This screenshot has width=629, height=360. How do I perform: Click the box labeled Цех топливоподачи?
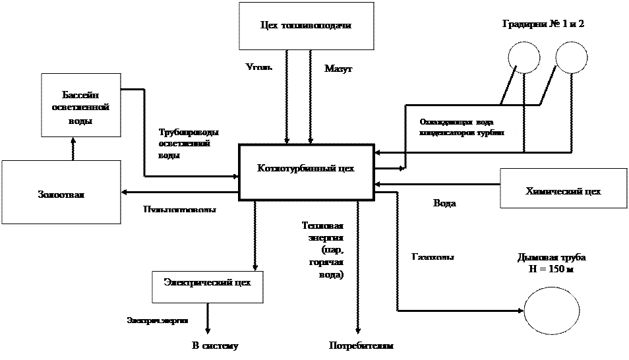(x=306, y=26)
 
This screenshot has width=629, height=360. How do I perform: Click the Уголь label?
(x=247, y=66)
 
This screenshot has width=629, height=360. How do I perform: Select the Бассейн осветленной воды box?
(x=80, y=105)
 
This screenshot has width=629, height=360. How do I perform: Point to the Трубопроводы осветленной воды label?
(x=191, y=141)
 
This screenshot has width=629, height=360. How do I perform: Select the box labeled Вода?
(x=444, y=204)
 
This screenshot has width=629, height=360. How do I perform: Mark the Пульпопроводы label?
(x=180, y=208)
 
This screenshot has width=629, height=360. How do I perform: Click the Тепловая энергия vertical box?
(x=322, y=266)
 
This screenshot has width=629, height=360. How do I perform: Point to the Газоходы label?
(x=444, y=255)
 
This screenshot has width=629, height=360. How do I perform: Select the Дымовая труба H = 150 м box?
(x=552, y=264)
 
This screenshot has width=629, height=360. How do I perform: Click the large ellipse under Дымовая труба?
(x=552, y=311)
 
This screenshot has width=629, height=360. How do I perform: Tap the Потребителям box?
(x=361, y=346)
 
